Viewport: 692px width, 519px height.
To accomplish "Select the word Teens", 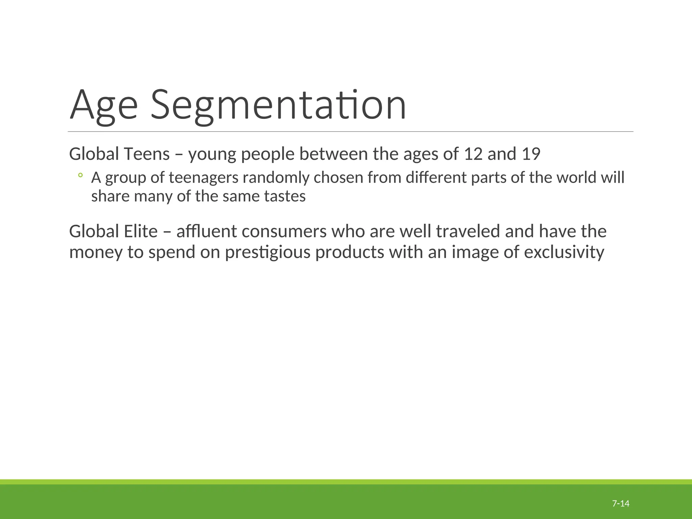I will [147, 154].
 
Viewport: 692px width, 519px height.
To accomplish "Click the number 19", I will [531, 154].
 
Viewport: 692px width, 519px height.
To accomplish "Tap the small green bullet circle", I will [80, 175].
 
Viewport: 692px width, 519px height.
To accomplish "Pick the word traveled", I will [468, 231].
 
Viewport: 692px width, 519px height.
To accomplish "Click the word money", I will [96, 252].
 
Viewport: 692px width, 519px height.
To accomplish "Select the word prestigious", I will [268, 252].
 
